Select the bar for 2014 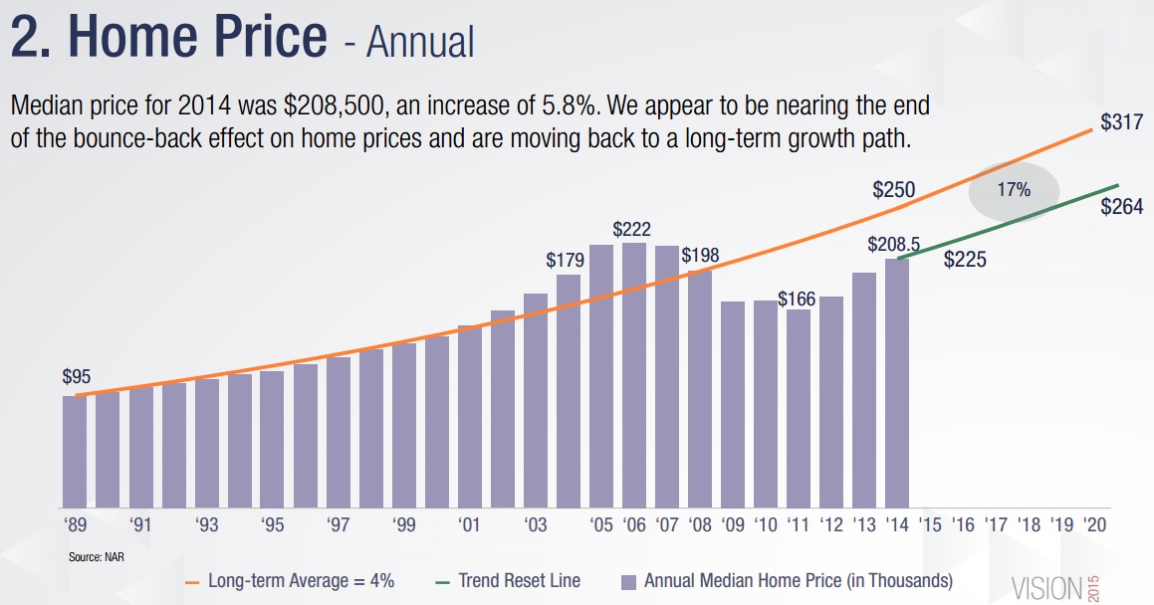tap(897, 383)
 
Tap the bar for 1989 tap(75, 452)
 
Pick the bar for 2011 tap(799, 408)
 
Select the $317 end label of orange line tap(1120, 122)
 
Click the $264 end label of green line tap(1122, 206)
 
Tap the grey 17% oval tap(1014, 190)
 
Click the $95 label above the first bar tap(77, 377)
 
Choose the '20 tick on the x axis tap(1094, 524)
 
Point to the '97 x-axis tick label tap(338, 524)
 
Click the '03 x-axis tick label tap(535, 524)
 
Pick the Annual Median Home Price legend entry tap(787, 580)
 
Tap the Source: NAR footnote tap(96, 556)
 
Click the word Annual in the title tap(419, 42)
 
